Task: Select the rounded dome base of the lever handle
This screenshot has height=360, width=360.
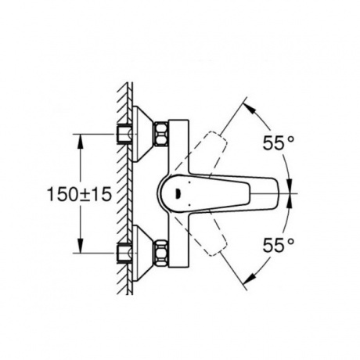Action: [174, 192]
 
